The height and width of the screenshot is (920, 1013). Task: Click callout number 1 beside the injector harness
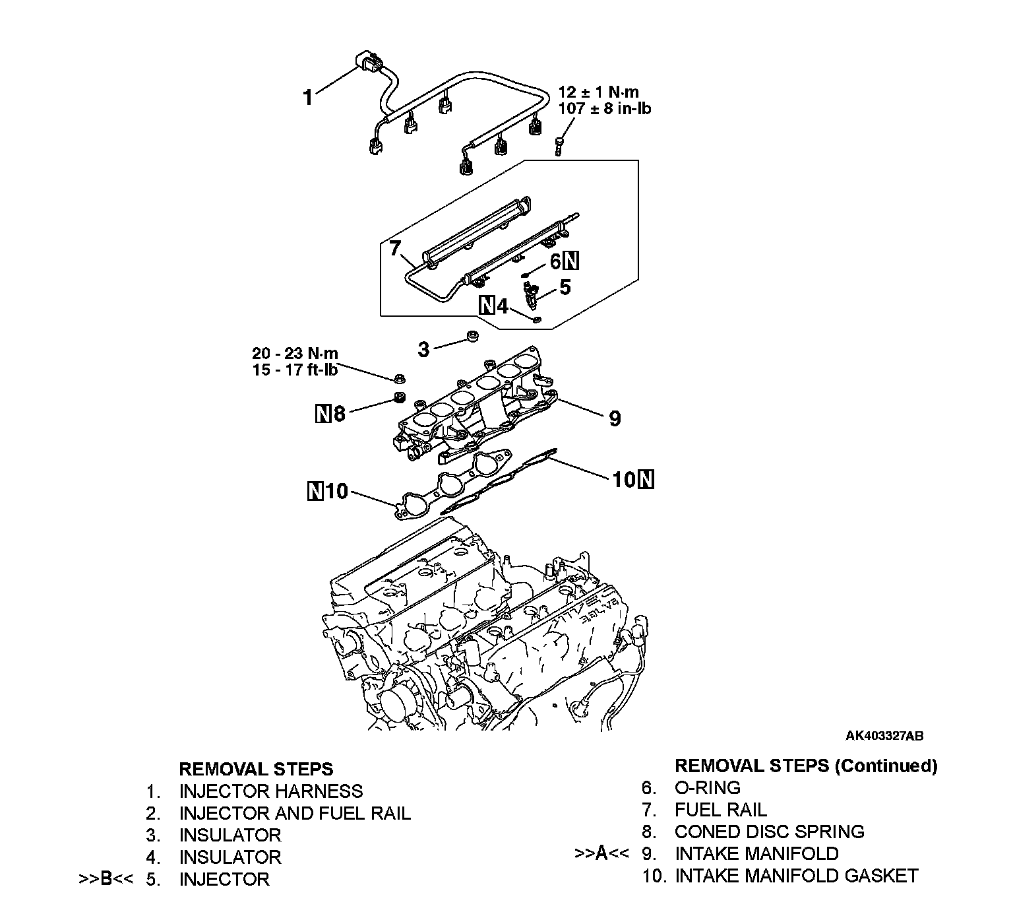click(307, 98)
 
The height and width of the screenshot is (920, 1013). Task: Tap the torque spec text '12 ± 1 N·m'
click(598, 92)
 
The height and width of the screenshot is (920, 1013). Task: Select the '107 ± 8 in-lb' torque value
click(604, 108)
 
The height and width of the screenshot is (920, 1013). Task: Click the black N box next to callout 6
click(572, 262)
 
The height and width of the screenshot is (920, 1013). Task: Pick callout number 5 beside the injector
click(565, 287)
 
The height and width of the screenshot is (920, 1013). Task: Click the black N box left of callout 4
click(487, 306)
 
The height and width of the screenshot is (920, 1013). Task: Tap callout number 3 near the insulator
click(423, 349)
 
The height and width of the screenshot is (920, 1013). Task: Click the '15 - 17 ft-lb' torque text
click(295, 370)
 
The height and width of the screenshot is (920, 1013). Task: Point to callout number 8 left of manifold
click(339, 414)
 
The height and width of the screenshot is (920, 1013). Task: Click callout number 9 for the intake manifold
click(614, 418)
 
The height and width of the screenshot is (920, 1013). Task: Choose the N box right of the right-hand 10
click(646, 479)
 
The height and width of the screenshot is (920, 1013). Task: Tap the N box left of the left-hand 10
click(316, 492)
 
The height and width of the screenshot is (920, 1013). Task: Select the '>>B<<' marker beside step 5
click(106, 880)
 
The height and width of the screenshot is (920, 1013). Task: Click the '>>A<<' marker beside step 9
click(601, 853)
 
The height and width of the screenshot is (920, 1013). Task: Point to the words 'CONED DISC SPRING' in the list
click(769, 832)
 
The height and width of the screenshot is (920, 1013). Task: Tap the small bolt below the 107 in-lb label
click(558, 145)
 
